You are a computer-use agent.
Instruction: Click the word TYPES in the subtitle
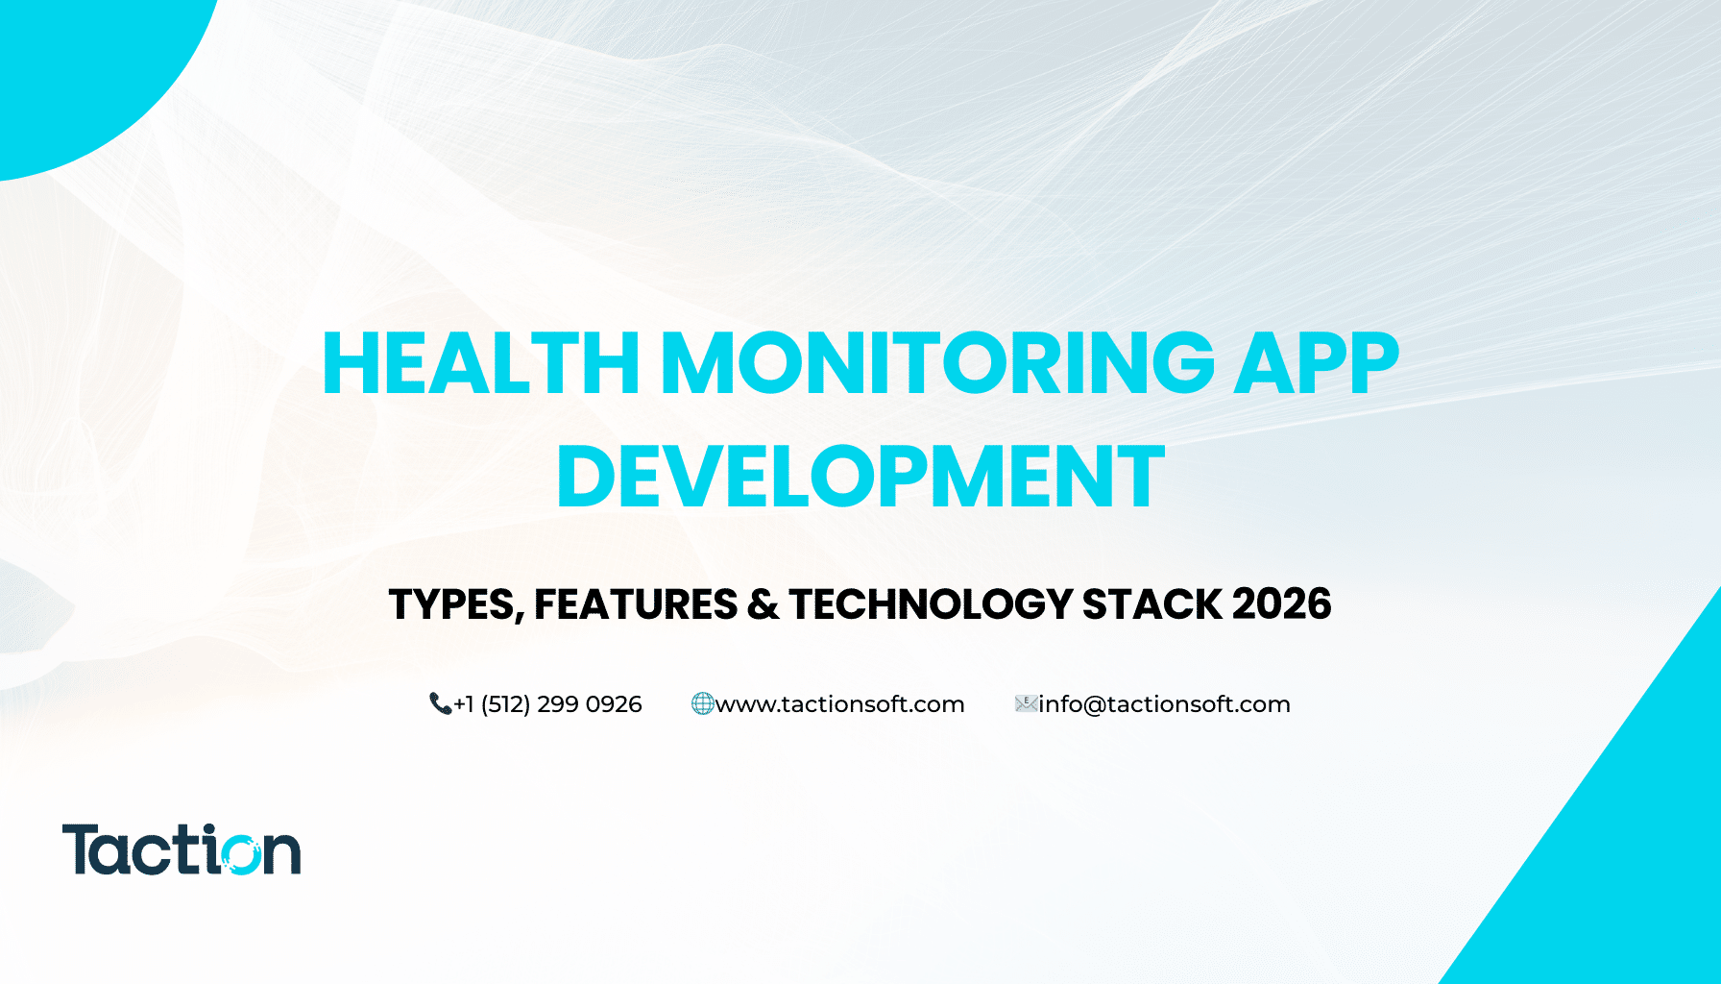pos(455,604)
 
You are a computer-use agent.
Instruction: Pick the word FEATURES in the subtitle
pos(636,604)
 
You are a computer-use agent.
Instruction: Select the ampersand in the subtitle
pos(763,604)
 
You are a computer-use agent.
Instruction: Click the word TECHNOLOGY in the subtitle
pos(931,604)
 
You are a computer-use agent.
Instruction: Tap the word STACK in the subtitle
pos(1151,604)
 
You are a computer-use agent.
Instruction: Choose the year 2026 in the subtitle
pos(1281,604)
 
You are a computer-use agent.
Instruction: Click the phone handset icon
pos(440,704)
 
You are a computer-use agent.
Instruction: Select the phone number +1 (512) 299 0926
pos(547,704)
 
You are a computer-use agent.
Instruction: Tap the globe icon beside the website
pos(702,704)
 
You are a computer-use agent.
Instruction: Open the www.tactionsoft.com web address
pos(839,704)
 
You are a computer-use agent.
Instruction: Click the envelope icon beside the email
pos(1026,704)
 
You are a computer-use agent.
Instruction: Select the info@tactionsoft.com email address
pos(1164,704)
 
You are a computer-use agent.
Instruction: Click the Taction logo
pos(182,849)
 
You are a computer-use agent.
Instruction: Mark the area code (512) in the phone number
pos(505,704)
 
